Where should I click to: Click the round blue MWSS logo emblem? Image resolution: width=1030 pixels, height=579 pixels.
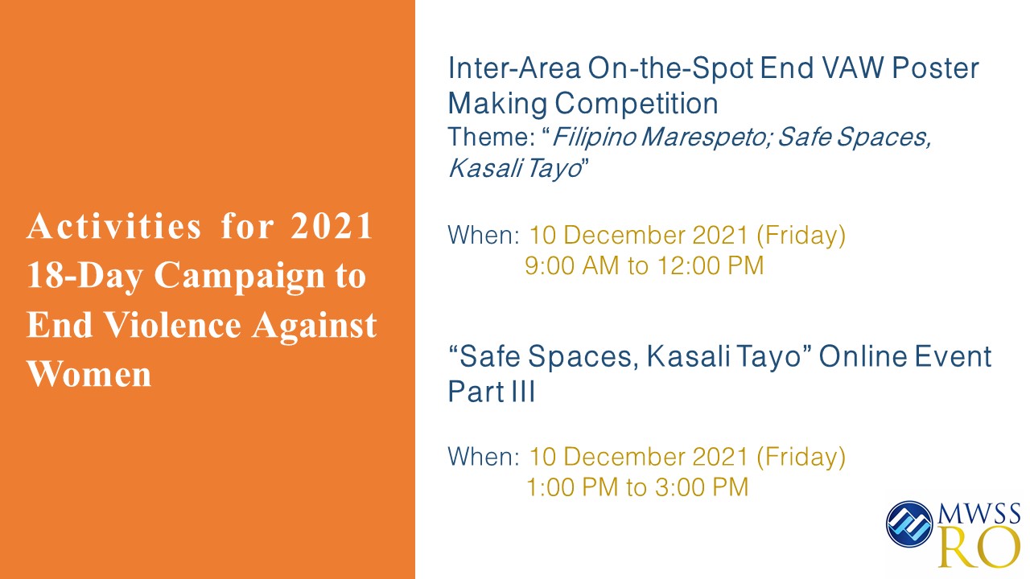(x=909, y=524)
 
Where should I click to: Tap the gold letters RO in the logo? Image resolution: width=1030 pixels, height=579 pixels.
(x=978, y=548)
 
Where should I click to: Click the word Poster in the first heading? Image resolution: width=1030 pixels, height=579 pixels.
(x=935, y=68)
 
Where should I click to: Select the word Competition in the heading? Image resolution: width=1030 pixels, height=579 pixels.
(x=636, y=104)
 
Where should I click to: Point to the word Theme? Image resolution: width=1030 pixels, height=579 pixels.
(x=492, y=137)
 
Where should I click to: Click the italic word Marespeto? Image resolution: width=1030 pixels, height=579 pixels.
(x=706, y=137)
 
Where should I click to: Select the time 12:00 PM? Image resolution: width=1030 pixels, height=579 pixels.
(x=711, y=265)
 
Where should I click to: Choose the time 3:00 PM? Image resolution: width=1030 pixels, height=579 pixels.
(x=702, y=487)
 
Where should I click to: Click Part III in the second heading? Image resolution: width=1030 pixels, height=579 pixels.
(x=492, y=392)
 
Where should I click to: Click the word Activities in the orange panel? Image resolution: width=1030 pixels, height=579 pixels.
(x=113, y=226)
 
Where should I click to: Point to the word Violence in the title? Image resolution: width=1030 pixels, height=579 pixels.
(x=173, y=324)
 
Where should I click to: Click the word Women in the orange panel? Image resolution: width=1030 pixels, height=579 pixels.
(x=89, y=374)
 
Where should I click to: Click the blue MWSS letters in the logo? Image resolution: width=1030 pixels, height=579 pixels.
(x=979, y=514)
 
